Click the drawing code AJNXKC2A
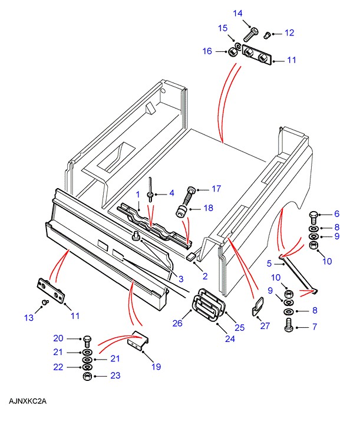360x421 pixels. [28, 401]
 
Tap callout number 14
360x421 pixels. [237, 13]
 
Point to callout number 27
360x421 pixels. [265, 325]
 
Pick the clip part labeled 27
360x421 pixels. [258, 306]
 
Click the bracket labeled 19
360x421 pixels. [138, 341]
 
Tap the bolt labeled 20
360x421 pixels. [88, 341]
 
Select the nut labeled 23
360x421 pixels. [87, 376]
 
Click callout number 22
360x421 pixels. [58, 367]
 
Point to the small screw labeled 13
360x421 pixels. [45, 302]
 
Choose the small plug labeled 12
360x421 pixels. [267, 35]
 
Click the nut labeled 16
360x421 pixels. [232, 52]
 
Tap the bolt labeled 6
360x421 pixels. [313, 218]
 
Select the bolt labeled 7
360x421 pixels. [289, 325]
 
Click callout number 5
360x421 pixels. [269, 264]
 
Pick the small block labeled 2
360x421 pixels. [190, 256]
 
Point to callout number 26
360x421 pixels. [177, 323]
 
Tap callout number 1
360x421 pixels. [138, 195]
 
